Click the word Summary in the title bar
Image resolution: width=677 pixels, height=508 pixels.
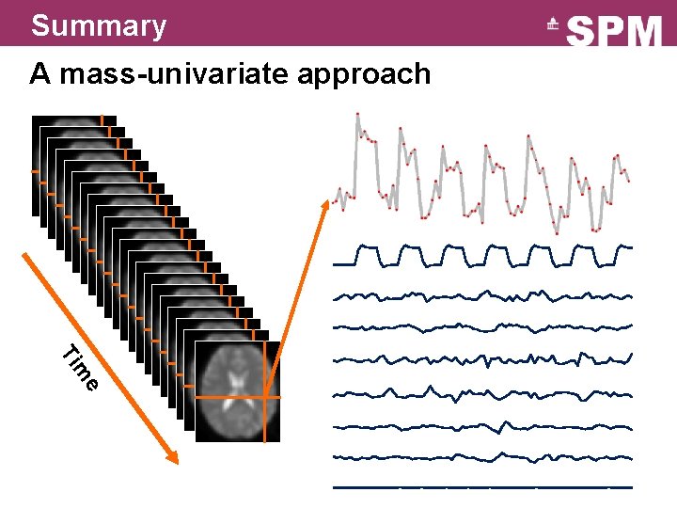(x=98, y=24)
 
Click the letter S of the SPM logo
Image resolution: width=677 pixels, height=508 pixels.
(x=584, y=32)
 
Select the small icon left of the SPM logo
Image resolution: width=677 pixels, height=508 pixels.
(x=554, y=28)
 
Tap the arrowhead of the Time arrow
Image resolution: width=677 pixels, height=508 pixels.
(x=173, y=459)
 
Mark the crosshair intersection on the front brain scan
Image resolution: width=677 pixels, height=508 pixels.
(x=266, y=398)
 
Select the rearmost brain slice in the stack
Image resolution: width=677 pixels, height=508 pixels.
(x=75, y=122)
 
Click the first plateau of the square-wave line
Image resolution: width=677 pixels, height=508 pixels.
(x=368, y=247)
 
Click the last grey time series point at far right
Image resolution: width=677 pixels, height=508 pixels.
(x=628, y=180)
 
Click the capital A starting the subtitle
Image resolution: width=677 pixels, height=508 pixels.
(x=39, y=73)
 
